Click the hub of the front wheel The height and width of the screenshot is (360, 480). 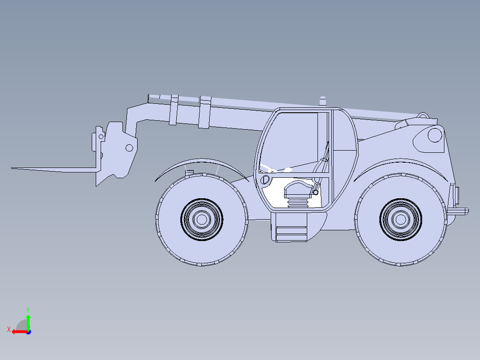coord(202,219)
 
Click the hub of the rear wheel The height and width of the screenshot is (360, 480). coord(401,219)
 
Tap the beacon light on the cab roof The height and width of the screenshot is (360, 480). coord(323,101)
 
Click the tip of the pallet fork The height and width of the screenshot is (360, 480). coord(12,168)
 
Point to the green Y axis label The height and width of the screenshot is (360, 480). coord(28,310)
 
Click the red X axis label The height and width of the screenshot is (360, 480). coord(9,330)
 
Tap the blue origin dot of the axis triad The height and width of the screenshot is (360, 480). coord(28,332)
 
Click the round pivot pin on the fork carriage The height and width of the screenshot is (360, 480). coord(130,148)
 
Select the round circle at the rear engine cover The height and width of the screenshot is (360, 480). coord(435,135)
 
